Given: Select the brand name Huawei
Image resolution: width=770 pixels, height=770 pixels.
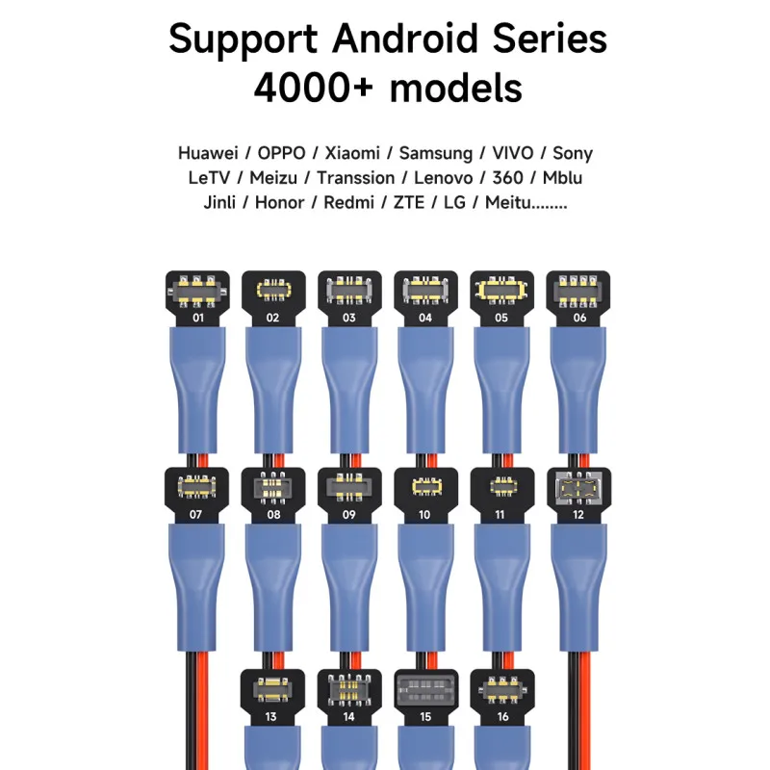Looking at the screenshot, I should pyautogui.click(x=207, y=153).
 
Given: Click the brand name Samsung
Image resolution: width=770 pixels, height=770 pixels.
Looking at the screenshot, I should pyautogui.click(x=436, y=153).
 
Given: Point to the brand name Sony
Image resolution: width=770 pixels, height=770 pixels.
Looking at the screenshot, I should pyautogui.click(x=573, y=153).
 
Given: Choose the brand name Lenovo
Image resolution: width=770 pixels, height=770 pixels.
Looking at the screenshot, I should pyautogui.click(x=443, y=178).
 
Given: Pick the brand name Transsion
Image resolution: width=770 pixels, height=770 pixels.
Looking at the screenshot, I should pyautogui.click(x=355, y=178).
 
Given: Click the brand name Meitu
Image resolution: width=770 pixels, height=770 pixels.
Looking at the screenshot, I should pyautogui.click(x=506, y=203).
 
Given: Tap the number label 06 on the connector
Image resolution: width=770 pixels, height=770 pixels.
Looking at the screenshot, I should pyautogui.click(x=578, y=317).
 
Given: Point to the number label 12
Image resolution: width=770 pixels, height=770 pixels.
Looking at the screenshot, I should pyautogui.click(x=578, y=515).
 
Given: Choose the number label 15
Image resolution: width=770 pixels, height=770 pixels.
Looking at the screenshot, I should pyautogui.click(x=425, y=717).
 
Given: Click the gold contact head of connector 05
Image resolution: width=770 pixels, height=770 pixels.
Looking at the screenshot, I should pyautogui.click(x=501, y=289).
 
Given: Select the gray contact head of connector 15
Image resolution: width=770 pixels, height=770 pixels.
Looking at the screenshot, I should pyautogui.click(x=425, y=690).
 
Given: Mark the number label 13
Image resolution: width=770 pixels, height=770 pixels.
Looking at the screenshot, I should pyautogui.click(x=272, y=717).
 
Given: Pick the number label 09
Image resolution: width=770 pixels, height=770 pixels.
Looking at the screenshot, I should pyautogui.click(x=349, y=515).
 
